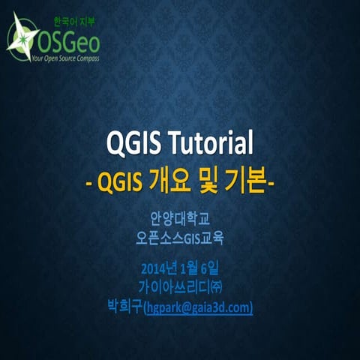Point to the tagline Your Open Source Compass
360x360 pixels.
(66, 58)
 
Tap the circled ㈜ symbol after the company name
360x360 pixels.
(215, 286)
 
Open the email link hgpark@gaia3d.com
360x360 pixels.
(197, 307)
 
